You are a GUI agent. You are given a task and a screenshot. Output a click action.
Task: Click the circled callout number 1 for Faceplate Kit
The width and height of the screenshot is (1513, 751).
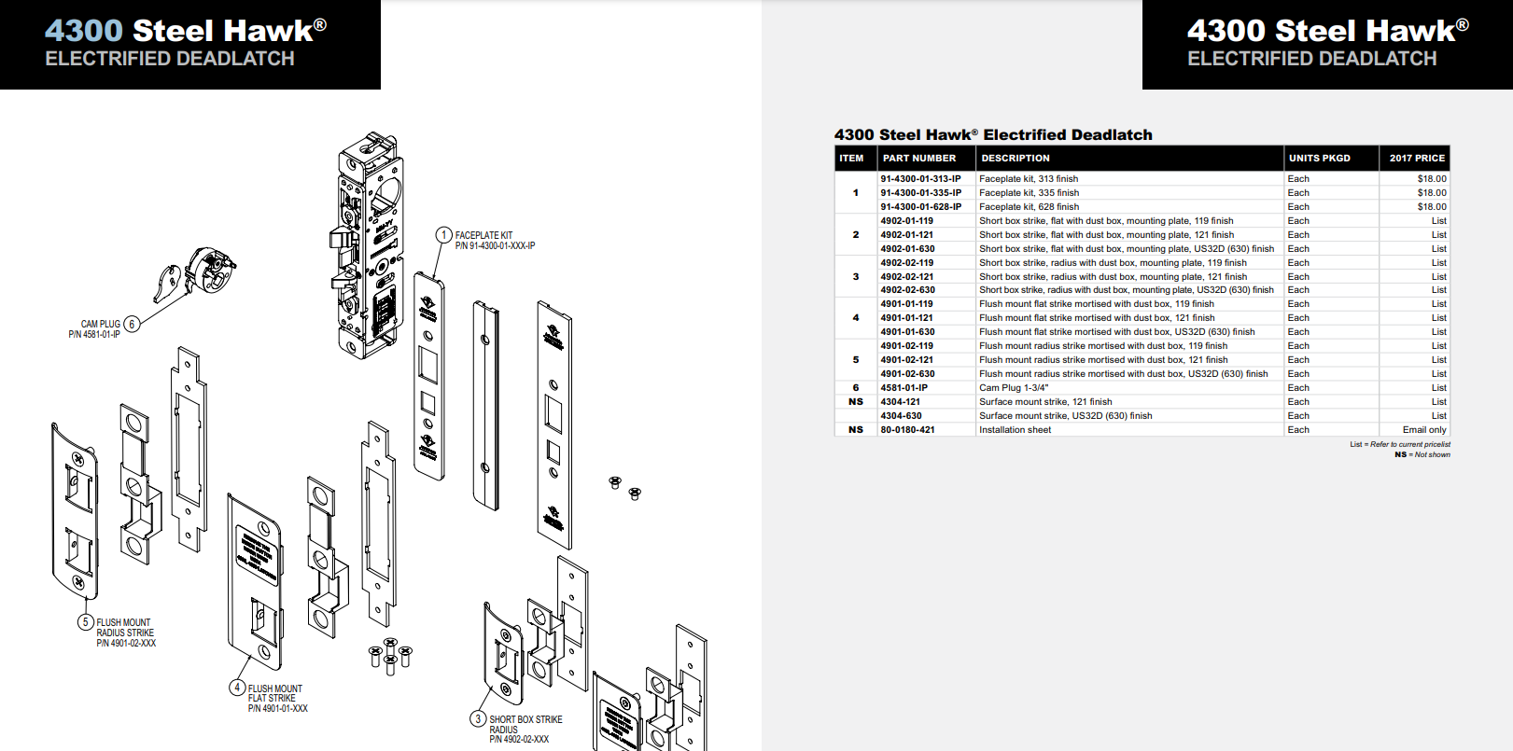click(444, 235)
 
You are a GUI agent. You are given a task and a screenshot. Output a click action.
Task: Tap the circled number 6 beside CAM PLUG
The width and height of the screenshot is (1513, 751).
click(132, 325)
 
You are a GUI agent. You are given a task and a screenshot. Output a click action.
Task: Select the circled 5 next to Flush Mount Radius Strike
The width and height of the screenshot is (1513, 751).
click(86, 622)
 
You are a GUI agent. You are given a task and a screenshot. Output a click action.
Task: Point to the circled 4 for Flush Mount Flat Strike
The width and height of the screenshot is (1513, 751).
click(237, 688)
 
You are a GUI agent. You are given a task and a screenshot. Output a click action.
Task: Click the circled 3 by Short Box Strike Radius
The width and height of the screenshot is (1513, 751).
click(478, 718)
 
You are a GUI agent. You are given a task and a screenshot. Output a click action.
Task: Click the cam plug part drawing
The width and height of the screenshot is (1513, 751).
click(198, 274)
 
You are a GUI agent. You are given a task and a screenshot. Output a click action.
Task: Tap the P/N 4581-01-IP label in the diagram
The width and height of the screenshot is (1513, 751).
click(94, 335)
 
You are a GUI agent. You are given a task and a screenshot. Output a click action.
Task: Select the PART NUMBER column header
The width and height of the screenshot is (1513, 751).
click(919, 159)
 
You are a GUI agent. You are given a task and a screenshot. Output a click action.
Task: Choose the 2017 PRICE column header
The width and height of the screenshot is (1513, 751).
click(1416, 159)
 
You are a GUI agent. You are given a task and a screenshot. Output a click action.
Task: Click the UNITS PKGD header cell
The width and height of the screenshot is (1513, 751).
click(1319, 159)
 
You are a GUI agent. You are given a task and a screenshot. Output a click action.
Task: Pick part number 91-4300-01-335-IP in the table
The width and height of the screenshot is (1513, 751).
click(920, 193)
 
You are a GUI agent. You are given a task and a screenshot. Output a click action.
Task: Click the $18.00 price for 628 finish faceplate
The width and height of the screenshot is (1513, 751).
click(1431, 207)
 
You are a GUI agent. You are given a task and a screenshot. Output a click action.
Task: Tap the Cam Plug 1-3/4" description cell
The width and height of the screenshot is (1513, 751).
click(1014, 388)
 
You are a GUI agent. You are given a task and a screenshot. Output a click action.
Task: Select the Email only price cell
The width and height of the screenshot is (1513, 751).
click(1424, 430)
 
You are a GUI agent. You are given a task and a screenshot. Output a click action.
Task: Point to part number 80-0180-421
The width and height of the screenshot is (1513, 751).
click(907, 430)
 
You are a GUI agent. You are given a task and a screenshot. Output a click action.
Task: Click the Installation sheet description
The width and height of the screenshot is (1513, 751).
click(1015, 430)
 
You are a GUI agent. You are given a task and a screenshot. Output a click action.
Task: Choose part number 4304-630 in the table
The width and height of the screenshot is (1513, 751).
click(901, 416)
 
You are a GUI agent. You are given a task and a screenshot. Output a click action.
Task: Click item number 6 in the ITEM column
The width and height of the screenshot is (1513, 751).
click(855, 388)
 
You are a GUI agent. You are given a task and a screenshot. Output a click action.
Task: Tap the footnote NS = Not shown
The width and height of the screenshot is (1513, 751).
click(1422, 454)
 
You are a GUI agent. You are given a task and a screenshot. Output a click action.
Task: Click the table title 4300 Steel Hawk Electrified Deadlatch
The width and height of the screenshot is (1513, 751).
click(993, 135)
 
